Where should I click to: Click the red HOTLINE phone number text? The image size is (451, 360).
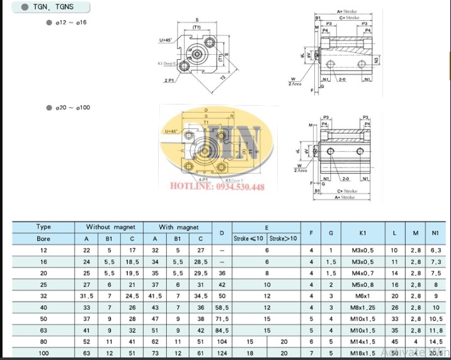click(224, 187)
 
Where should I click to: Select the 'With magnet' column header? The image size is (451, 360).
click(178, 227)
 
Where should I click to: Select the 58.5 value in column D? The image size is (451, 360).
click(221, 307)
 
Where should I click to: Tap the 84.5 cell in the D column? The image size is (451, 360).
click(221, 330)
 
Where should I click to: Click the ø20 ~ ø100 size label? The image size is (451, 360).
click(72, 108)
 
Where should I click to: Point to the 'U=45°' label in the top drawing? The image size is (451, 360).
click(167, 41)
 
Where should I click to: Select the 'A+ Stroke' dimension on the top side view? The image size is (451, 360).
click(348, 11)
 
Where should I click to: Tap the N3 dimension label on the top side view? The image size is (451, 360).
click(376, 60)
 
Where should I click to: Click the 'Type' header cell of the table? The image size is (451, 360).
click(43, 227)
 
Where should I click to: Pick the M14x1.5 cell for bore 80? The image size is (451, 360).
click(363, 341)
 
